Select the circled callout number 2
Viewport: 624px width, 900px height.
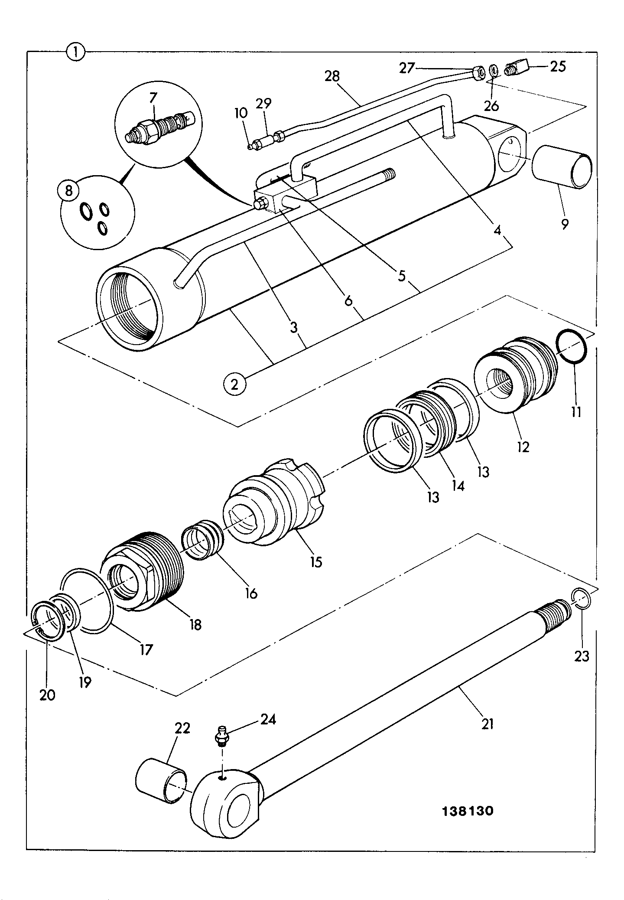pyautogui.click(x=234, y=384)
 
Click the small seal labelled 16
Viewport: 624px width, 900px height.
pyautogui.click(x=203, y=539)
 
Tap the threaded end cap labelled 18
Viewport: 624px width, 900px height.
pyautogui.click(x=143, y=571)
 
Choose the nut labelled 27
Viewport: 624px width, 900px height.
pyautogui.click(x=479, y=74)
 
